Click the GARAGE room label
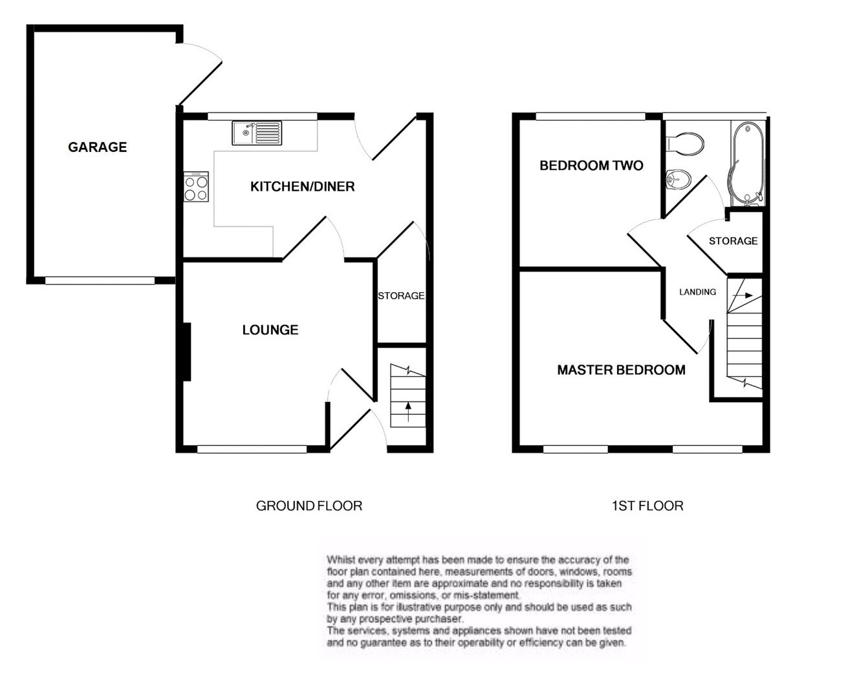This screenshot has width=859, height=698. tap(97, 147)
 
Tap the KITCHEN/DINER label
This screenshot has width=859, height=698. tap(302, 187)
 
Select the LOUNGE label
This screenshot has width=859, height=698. tap(270, 330)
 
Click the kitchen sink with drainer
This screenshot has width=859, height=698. tap(257, 133)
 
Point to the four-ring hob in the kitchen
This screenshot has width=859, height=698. tap(196, 187)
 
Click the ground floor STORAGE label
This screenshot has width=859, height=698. tap(401, 296)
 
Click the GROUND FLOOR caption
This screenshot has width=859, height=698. tap(309, 506)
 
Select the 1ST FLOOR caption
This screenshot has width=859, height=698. tap(647, 506)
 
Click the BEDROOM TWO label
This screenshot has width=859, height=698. tap(591, 166)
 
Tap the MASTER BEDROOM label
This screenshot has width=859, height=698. tap(621, 370)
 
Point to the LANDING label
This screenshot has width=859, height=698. tap(697, 292)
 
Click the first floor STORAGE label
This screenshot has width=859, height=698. tap(733, 241)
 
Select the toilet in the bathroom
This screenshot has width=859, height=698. tap(684, 143)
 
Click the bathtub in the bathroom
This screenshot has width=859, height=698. tap(748, 162)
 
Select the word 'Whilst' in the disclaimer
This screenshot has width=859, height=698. tap(341, 560)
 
